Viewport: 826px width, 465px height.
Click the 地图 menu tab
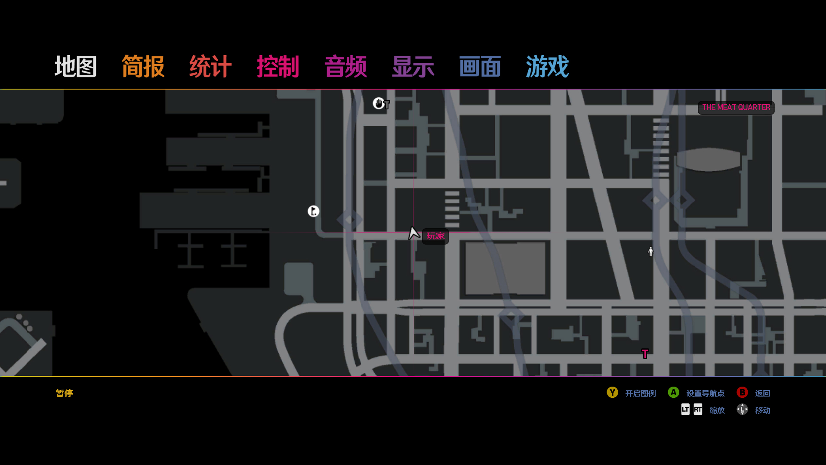click(x=76, y=67)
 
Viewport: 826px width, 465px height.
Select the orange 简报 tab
click(x=143, y=67)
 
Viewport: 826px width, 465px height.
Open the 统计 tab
click(x=210, y=67)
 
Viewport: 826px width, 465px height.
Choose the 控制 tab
click(x=278, y=67)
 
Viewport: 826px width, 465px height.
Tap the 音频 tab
click(x=345, y=67)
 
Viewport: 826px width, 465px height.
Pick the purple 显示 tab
click(x=413, y=67)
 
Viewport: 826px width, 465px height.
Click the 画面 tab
click(x=480, y=67)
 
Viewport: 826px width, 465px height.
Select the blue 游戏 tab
click(x=547, y=67)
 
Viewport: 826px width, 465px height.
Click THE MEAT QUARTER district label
click(x=736, y=108)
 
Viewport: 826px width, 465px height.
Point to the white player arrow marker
click(x=414, y=233)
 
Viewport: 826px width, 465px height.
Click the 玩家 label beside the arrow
click(x=435, y=236)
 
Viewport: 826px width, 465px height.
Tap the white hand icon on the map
click(x=378, y=103)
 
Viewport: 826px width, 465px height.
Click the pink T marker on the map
click(x=645, y=354)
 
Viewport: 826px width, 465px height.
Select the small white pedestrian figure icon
click(x=650, y=251)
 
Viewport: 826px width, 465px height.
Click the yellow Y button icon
click(x=612, y=393)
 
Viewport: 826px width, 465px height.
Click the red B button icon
click(x=742, y=393)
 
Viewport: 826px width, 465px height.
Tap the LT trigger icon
click(x=685, y=409)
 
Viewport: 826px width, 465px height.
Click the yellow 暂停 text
click(x=65, y=393)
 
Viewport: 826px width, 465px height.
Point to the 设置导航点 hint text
click(x=706, y=394)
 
